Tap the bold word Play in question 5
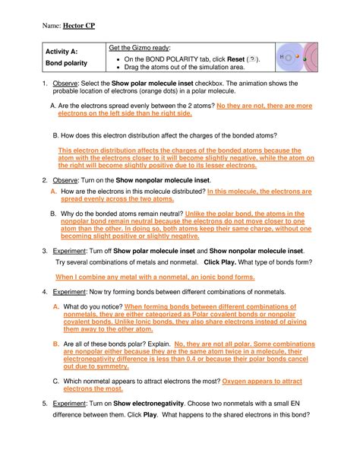pyautogui.click(x=149, y=416)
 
